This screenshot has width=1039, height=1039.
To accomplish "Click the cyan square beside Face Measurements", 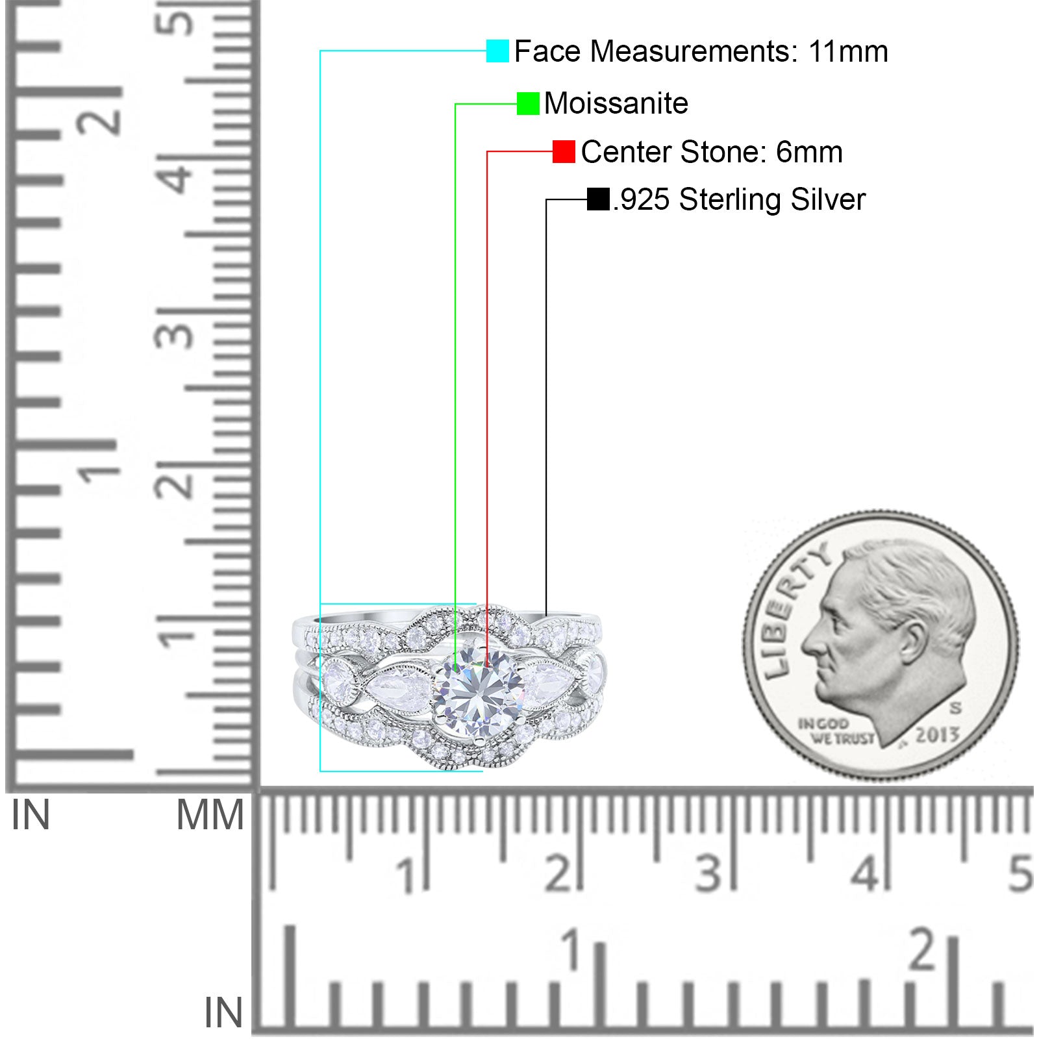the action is pyautogui.click(x=497, y=51).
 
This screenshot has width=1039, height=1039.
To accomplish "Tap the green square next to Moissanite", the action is pyautogui.click(x=528, y=103).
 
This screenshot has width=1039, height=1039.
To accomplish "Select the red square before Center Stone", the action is pyautogui.click(x=564, y=151).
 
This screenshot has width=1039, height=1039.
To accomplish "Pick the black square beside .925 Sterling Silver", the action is pyautogui.click(x=598, y=199).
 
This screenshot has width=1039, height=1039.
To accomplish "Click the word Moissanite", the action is pyautogui.click(x=616, y=103).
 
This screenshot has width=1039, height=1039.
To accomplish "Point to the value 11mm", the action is pyautogui.click(x=848, y=51).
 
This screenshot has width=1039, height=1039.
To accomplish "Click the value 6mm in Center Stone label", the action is pyautogui.click(x=809, y=152).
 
